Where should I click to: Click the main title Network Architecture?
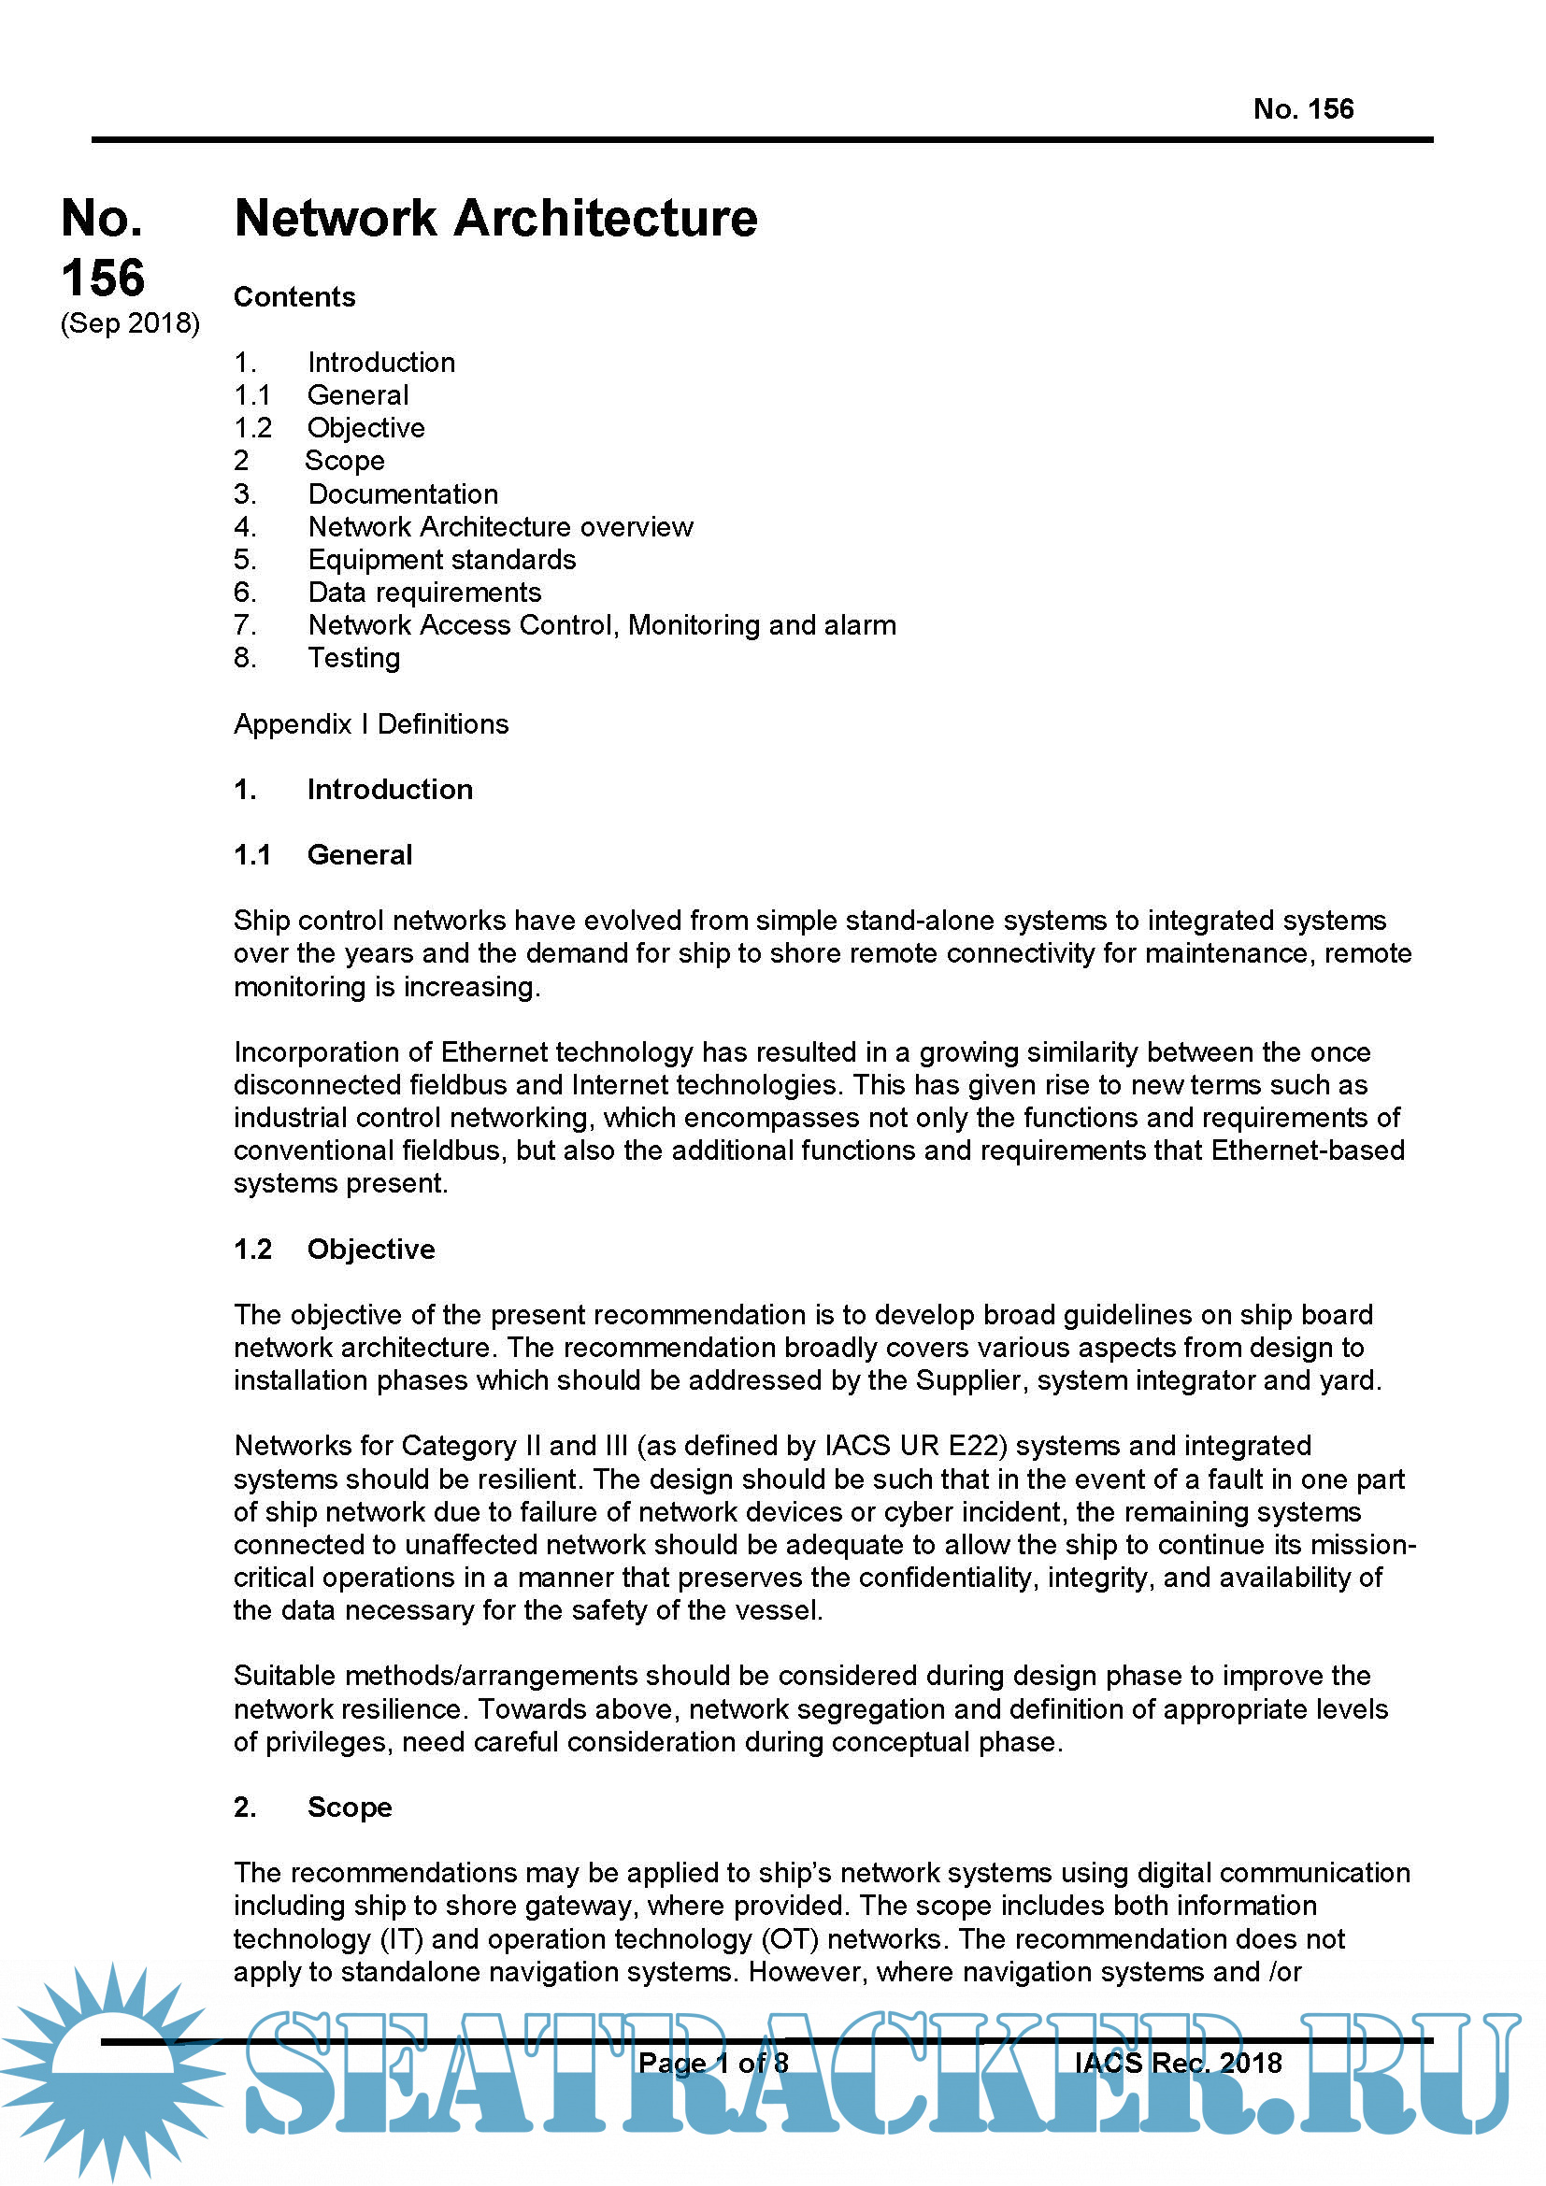(x=495, y=219)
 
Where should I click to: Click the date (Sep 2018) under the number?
(x=131, y=323)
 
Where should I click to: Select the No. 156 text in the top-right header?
(x=1302, y=109)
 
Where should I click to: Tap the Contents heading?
(x=294, y=297)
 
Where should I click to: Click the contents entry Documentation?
(x=403, y=494)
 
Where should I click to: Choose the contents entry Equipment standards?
(x=442, y=560)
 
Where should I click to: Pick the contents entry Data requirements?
(x=424, y=593)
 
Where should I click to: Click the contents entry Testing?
(x=353, y=658)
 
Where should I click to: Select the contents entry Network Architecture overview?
(x=501, y=526)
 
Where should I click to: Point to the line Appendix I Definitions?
(x=371, y=724)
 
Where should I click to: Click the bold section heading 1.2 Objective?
(x=334, y=1250)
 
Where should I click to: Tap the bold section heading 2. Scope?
(x=312, y=1807)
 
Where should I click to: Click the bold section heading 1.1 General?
(x=322, y=855)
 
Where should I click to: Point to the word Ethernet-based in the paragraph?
(x=1307, y=1150)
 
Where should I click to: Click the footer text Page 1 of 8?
(x=713, y=2064)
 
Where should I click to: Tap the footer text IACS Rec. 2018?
(x=1178, y=2064)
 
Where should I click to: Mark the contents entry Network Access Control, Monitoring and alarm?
(x=602, y=625)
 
